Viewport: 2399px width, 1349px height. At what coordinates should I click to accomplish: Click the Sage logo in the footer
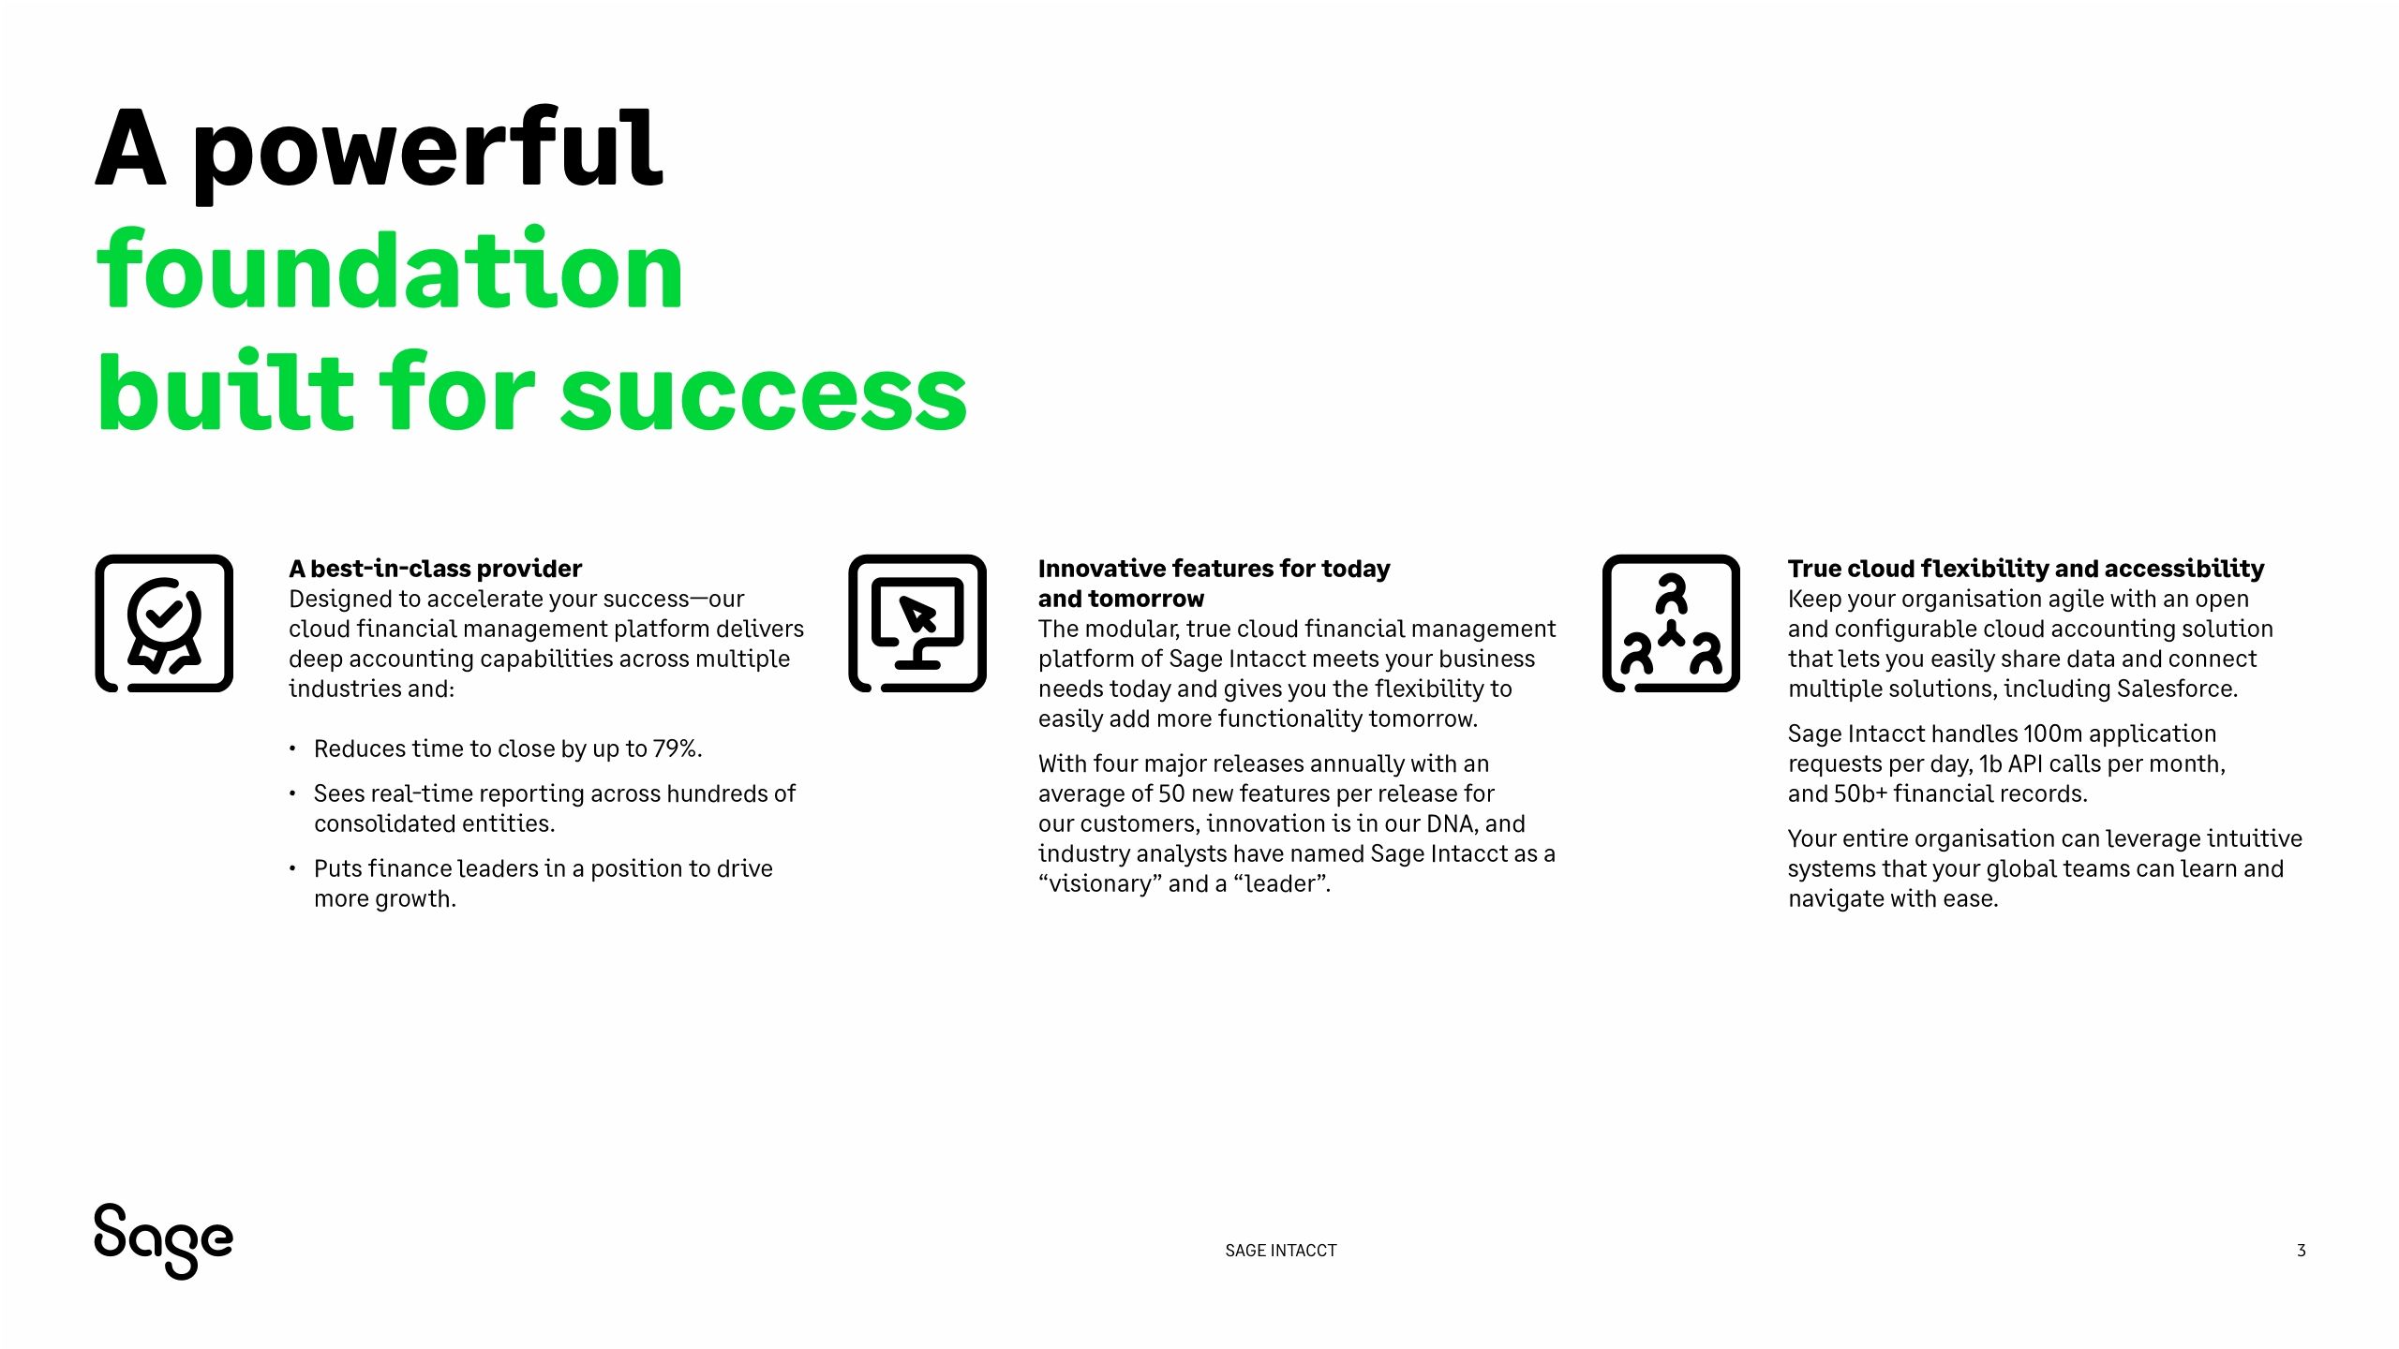(x=163, y=1240)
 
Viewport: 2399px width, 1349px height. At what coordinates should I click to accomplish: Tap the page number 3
(x=2301, y=1251)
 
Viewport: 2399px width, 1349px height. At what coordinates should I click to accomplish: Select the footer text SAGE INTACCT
(x=1280, y=1251)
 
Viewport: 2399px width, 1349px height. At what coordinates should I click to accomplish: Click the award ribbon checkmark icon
(x=164, y=624)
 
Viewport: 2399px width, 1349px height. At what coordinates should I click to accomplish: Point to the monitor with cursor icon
(x=917, y=624)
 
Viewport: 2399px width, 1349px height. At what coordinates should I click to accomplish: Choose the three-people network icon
(x=1671, y=624)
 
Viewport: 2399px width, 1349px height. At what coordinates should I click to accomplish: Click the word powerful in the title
(x=427, y=150)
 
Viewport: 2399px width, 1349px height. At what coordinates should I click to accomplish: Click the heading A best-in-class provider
(x=435, y=569)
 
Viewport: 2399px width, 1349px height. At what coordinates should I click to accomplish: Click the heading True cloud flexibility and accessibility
(x=2025, y=569)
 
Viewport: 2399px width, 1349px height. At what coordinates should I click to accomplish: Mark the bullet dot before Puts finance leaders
(x=292, y=868)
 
